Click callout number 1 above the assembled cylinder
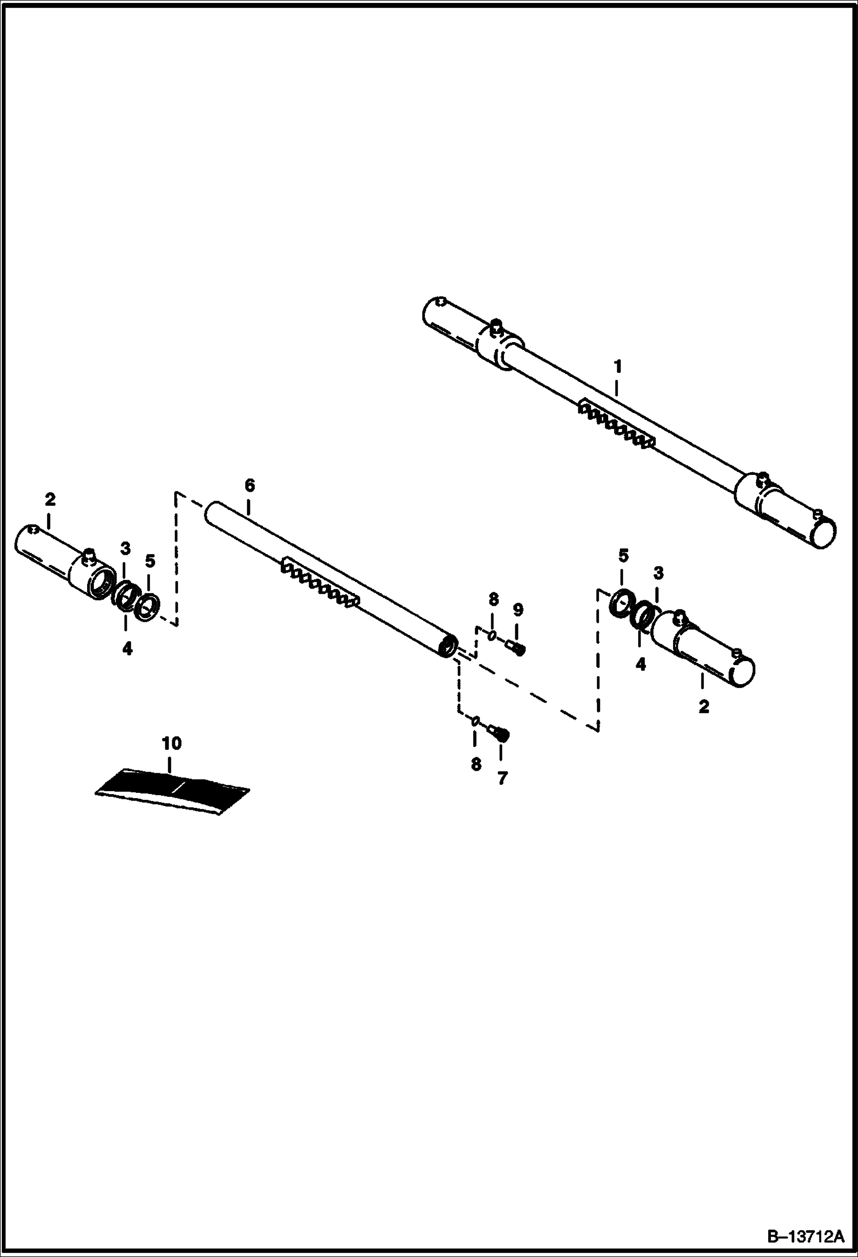617,366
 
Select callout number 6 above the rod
249,485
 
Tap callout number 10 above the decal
171,743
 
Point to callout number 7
502,778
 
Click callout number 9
518,609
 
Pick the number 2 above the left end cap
50,499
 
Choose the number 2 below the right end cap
703,706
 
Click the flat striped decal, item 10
172,789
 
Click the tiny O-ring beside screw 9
491,635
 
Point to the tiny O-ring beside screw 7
475,721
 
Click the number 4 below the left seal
127,649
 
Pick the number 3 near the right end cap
659,572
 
